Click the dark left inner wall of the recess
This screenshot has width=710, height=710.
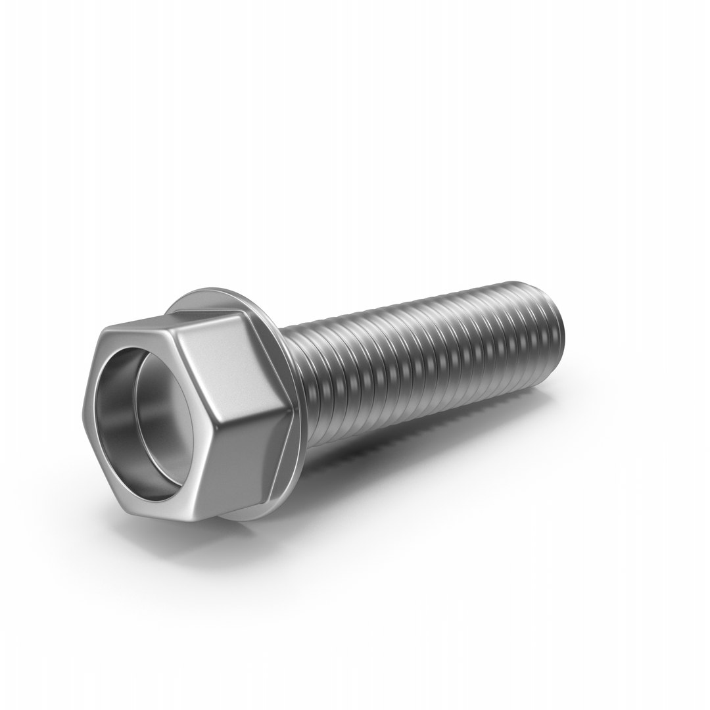105,401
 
